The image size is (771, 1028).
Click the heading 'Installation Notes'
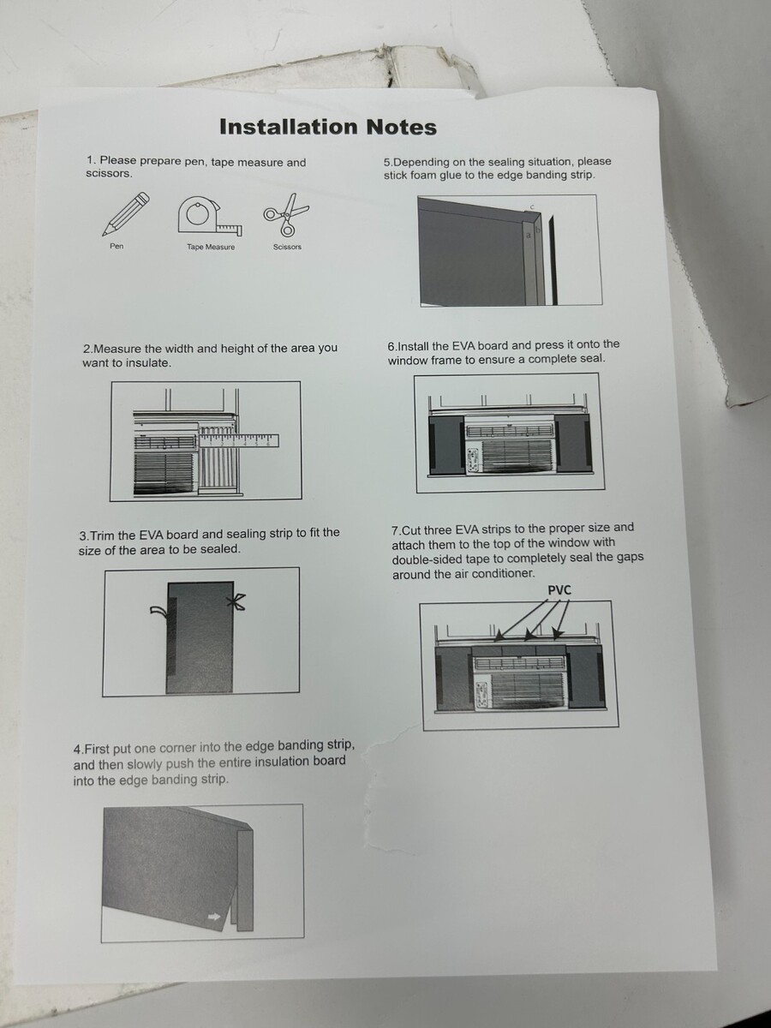(328, 127)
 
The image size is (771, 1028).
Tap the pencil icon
(126, 213)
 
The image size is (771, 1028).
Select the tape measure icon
(211, 216)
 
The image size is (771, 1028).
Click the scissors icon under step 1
(286, 214)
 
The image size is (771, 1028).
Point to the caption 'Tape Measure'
(211, 247)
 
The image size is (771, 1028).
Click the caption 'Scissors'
(288, 247)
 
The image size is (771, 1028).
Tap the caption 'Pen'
(117, 246)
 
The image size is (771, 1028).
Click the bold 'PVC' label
(559, 590)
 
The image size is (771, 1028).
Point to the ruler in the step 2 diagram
(239, 440)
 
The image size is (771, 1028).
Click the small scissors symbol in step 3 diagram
(236, 602)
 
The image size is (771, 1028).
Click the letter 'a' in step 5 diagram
(529, 235)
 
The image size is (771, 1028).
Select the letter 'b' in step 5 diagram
(538, 230)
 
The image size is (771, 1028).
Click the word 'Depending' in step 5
(416, 163)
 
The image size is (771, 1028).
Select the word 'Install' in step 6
(413, 347)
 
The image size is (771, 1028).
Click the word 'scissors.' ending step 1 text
(109, 174)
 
